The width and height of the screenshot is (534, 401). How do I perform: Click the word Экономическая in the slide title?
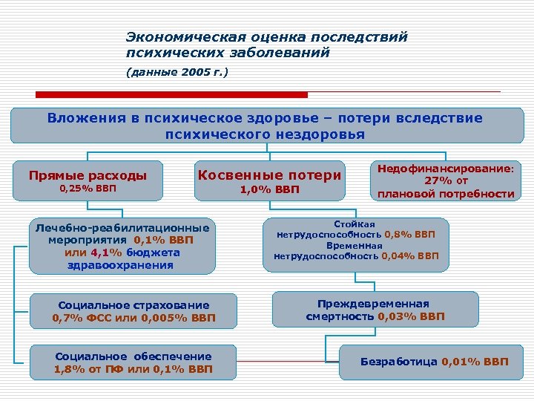(173, 36)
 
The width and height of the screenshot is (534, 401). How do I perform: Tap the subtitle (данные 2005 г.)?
(177, 72)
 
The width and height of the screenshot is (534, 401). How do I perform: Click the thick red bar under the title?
(172, 94)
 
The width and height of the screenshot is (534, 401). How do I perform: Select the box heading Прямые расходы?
(88, 175)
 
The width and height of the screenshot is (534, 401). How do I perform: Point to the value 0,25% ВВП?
(88, 189)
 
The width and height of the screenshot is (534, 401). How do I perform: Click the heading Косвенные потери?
(269, 175)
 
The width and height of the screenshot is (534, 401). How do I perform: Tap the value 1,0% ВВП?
(269, 190)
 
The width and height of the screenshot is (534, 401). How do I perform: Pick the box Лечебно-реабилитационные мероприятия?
(123, 246)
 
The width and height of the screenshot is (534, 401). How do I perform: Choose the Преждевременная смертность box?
(374, 310)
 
